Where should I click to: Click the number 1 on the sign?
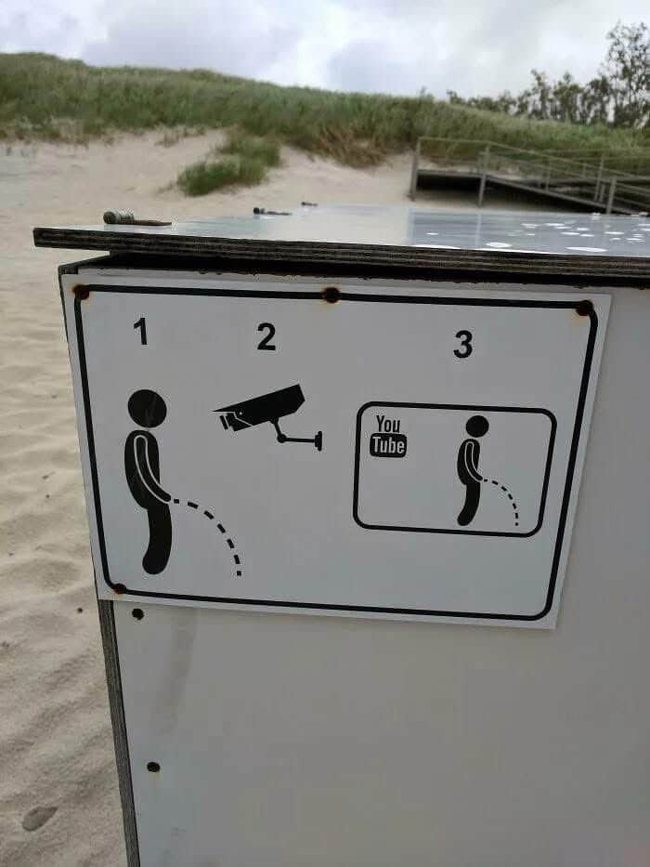pyautogui.click(x=141, y=331)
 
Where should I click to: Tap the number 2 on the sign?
pyautogui.click(x=266, y=336)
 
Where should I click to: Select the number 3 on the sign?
pyautogui.click(x=463, y=344)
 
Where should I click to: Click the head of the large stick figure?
pyautogui.click(x=147, y=409)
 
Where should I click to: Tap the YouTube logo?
pyautogui.click(x=388, y=437)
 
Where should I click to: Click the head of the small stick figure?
pyautogui.click(x=477, y=427)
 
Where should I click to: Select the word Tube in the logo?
pyautogui.click(x=388, y=446)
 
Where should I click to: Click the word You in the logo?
pyautogui.click(x=388, y=424)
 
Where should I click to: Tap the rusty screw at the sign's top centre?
pyautogui.click(x=331, y=295)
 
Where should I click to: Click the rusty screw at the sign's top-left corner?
pyautogui.click(x=82, y=292)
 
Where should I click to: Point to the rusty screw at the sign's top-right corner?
pyautogui.click(x=584, y=308)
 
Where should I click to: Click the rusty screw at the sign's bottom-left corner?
pyautogui.click(x=119, y=588)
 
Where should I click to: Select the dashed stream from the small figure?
pyautogui.click(x=505, y=495)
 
